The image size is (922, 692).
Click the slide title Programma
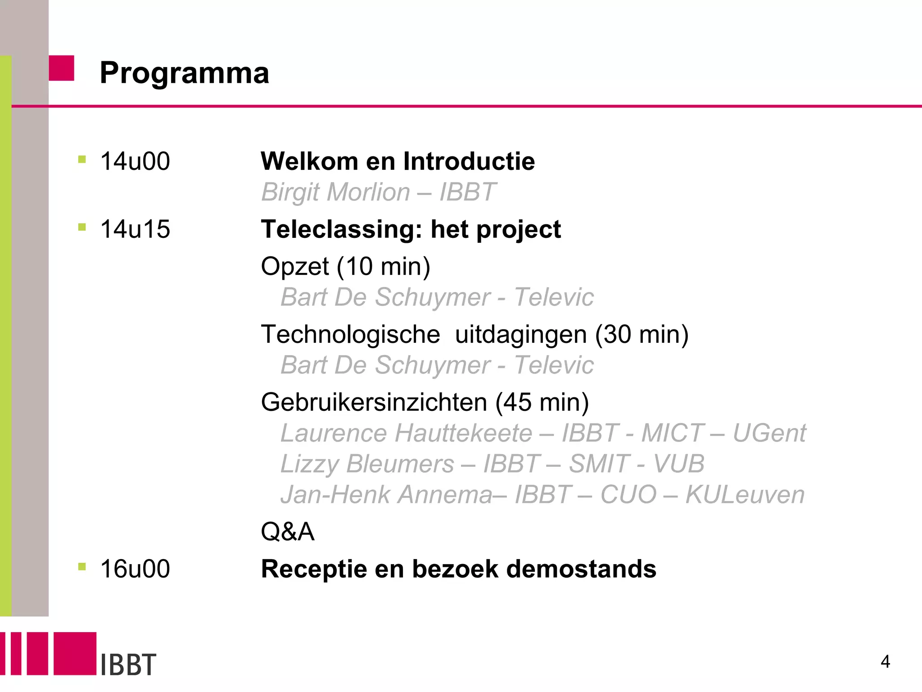click(x=184, y=73)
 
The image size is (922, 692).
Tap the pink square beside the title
click(x=61, y=68)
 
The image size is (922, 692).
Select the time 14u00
click(x=135, y=161)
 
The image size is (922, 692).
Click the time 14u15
click(x=135, y=229)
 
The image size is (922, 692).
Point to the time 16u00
click(x=135, y=569)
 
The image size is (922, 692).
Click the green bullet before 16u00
click(x=82, y=566)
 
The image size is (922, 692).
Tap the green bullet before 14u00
click(x=82, y=159)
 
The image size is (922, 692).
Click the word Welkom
click(x=309, y=161)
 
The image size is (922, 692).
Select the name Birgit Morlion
click(x=335, y=192)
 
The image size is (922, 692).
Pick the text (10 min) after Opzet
click(x=384, y=266)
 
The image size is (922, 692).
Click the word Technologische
click(x=350, y=335)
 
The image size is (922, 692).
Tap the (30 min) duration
click(x=642, y=335)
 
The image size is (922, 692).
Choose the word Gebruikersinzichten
click(x=374, y=402)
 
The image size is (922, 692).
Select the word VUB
click(x=678, y=464)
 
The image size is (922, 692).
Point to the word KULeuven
click(x=745, y=495)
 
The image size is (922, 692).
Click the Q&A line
click(x=287, y=532)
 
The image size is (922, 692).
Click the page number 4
click(x=885, y=662)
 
